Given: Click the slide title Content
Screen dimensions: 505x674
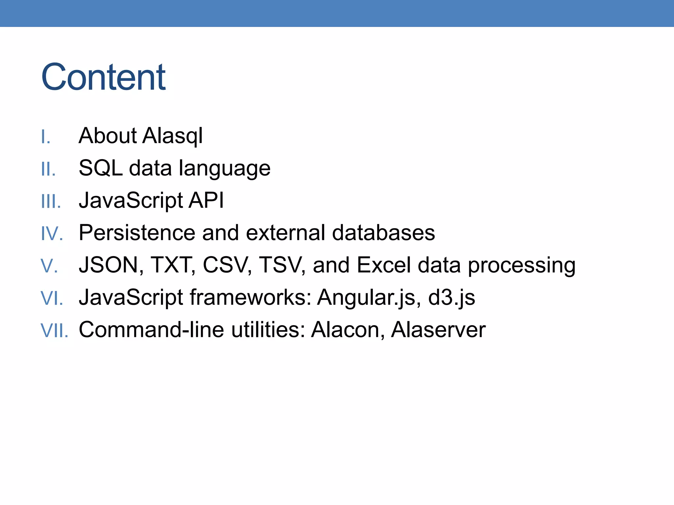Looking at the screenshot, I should coord(103,77).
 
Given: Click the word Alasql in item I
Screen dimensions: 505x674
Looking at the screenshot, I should coord(172,136).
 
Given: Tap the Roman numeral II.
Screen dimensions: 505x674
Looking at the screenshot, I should coord(48,170).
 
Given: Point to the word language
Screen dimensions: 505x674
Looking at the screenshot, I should coord(224,169).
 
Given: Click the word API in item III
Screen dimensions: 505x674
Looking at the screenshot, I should coord(206,200).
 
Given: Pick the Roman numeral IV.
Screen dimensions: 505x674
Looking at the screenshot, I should coord(52,234).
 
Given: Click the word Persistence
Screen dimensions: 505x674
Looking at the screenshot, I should coord(137,233).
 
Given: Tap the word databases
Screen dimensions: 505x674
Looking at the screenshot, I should coord(383,233).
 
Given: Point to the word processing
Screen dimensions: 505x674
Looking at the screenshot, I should coord(522,266).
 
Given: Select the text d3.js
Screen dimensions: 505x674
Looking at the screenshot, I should coord(451,298).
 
